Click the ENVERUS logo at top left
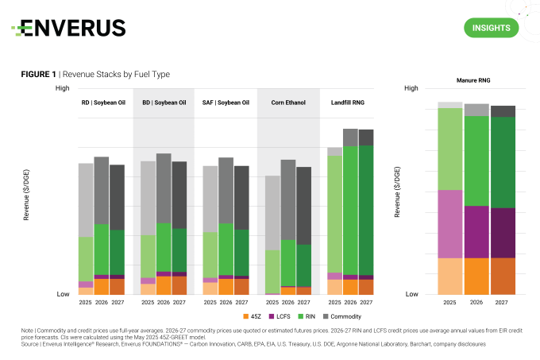(x=68, y=29)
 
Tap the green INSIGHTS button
(x=490, y=28)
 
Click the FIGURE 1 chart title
(x=95, y=74)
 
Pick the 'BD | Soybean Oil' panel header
(x=164, y=103)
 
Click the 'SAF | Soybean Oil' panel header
(x=226, y=103)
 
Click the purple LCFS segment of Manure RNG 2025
(x=450, y=223)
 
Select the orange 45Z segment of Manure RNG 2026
(x=476, y=275)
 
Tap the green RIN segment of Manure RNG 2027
(x=503, y=162)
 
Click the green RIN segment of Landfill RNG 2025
(x=334, y=213)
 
